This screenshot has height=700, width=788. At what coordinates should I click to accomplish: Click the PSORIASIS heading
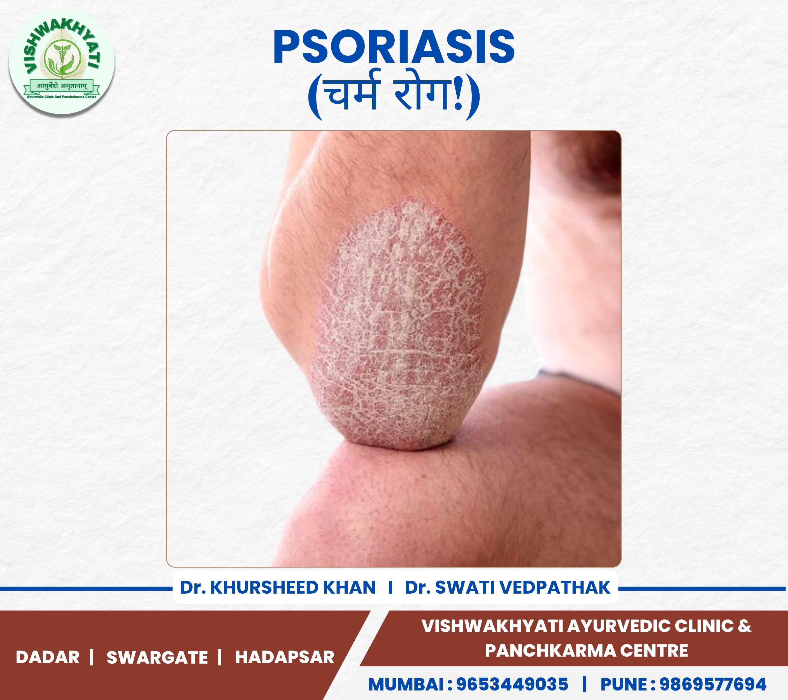394,47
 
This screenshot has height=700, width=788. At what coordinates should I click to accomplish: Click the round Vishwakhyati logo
62,62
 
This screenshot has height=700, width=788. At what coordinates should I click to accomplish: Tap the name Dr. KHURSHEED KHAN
278,587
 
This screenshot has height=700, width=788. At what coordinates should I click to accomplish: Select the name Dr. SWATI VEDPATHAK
508,587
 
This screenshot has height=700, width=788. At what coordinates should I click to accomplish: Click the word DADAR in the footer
47,657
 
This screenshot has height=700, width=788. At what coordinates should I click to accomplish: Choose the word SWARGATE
157,657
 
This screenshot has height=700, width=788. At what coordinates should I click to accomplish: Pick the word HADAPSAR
285,657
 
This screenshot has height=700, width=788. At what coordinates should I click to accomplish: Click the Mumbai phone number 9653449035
512,684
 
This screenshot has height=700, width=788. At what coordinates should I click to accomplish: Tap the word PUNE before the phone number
623,684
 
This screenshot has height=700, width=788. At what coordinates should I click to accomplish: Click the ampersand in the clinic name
744,626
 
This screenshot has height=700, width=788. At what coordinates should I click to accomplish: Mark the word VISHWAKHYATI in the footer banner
492,626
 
